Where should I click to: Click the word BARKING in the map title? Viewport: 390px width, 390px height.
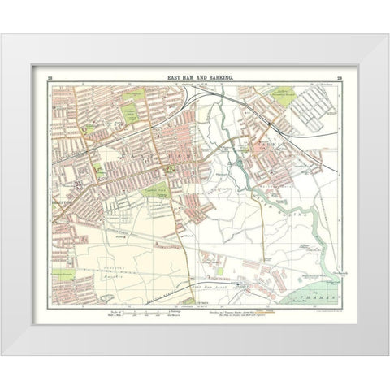point(221,76)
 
